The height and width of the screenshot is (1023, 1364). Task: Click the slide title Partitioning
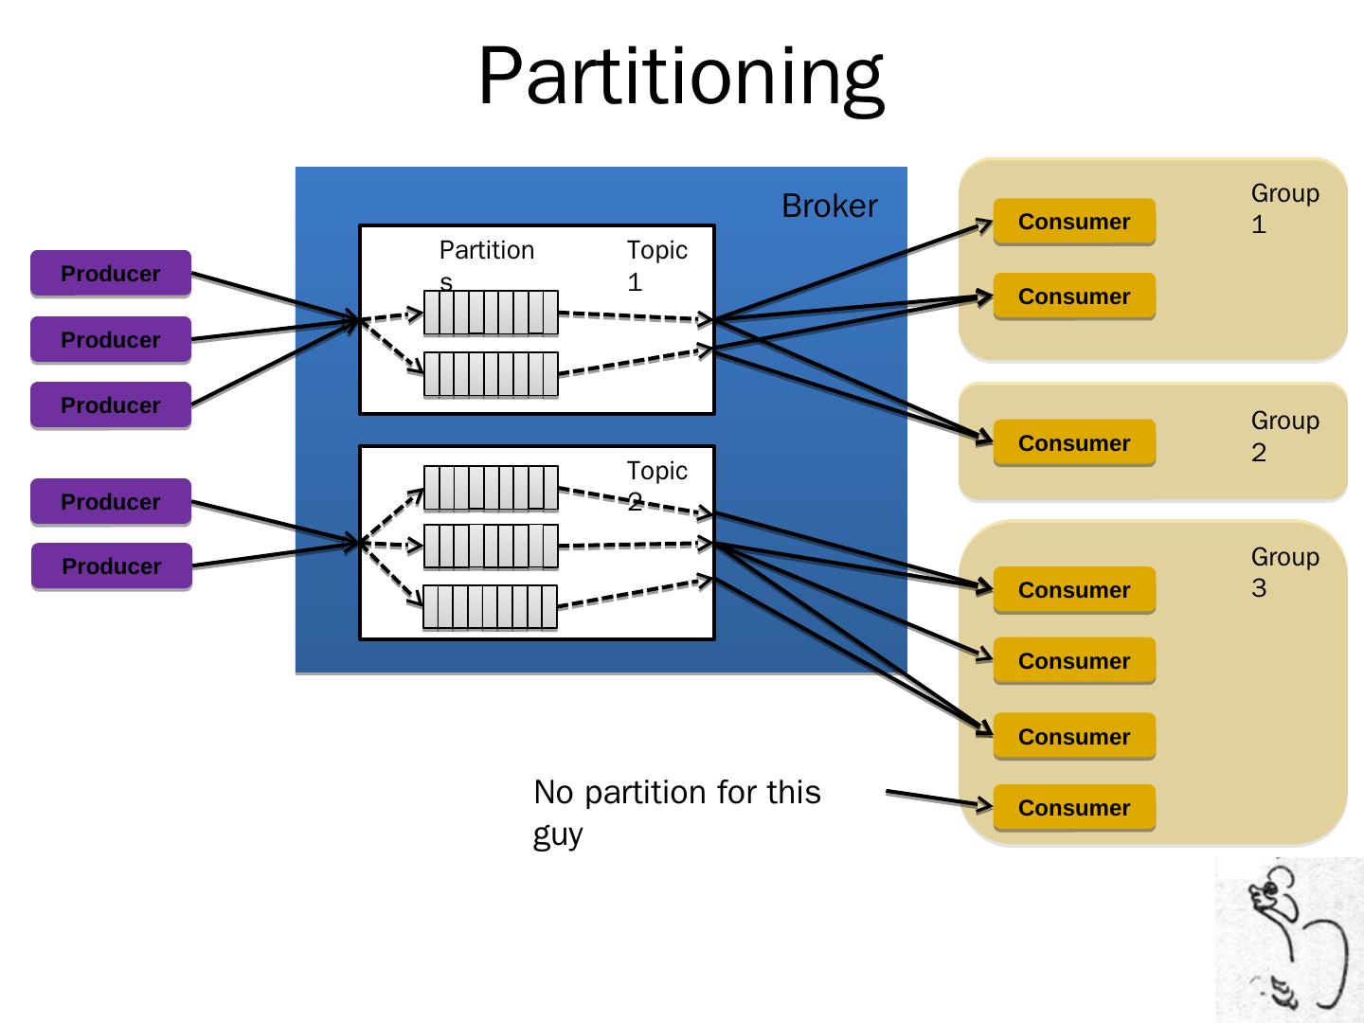point(680,76)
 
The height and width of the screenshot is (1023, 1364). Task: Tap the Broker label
point(829,206)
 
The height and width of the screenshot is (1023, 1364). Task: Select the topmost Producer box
point(111,274)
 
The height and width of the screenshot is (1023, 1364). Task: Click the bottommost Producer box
point(112,566)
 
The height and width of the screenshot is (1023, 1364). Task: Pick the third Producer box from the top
point(111,405)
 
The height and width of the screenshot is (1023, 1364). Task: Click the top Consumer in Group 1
point(1074,222)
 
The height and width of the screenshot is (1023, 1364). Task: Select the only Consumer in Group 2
point(1074,443)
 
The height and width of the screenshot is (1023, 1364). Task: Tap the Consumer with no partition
point(1074,808)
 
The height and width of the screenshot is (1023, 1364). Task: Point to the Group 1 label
point(1283,208)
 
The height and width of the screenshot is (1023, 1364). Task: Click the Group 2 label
point(1283,436)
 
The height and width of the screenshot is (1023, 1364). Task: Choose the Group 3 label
point(1283,572)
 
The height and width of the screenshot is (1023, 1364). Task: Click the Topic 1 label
point(655,265)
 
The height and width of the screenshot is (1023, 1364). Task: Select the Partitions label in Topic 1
point(486,258)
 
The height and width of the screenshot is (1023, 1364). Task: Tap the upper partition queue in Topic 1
point(491,313)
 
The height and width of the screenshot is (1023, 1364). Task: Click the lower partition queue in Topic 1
point(491,374)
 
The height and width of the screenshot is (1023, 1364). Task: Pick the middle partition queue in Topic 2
point(491,547)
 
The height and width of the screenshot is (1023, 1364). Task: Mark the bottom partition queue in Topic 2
point(490,607)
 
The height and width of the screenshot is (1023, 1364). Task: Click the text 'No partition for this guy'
point(676,813)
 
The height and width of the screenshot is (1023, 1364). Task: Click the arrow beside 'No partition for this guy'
point(938,799)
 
